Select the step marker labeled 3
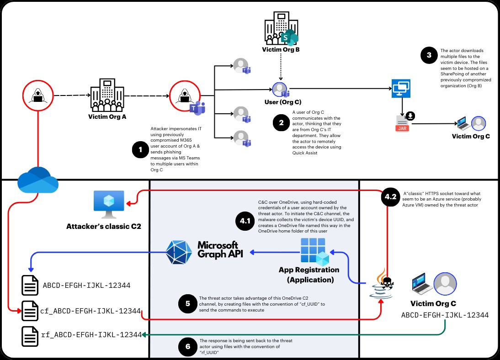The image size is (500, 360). [x=429, y=56]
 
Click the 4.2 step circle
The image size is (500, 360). [x=390, y=197]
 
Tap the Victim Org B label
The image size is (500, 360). [x=281, y=49]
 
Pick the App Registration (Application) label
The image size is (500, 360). [x=309, y=274]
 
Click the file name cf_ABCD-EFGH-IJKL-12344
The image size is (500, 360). [x=90, y=311]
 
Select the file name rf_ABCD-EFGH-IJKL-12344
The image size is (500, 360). [x=91, y=335]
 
